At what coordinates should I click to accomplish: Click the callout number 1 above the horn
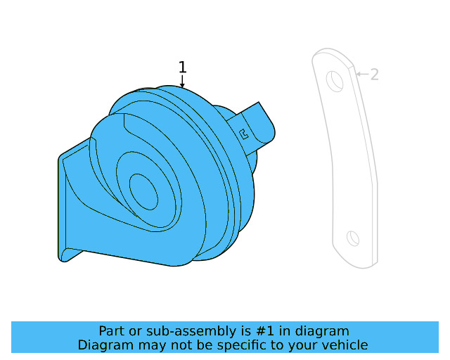(182, 67)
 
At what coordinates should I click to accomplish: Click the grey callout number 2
(375, 75)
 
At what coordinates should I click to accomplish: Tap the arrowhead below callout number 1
(182, 85)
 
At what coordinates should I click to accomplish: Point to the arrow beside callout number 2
(361, 74)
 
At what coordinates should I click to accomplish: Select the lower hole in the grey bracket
(353, 238)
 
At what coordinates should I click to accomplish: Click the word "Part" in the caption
(112, 331)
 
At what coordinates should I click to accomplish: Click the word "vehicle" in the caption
(344, 345)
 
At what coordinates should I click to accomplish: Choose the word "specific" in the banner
(236, 345)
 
